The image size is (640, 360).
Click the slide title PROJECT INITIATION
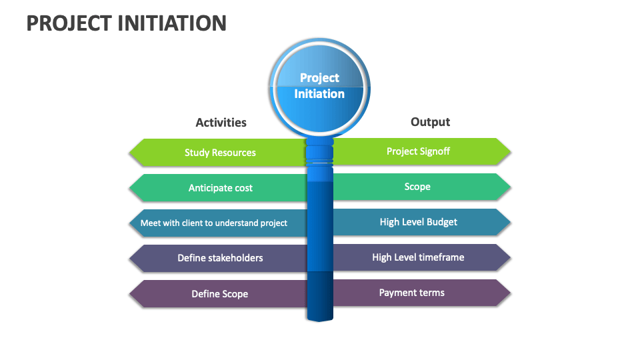(x=127, y=23)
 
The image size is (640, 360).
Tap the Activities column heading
(x=221, y=122)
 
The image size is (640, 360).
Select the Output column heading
(x=430, y=121)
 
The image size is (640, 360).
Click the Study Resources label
(x=220, y=153)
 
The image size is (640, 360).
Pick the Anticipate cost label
(x=220, y=188)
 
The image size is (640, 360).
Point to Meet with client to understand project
(x=213, y=223)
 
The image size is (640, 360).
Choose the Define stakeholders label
(x=220, y=258)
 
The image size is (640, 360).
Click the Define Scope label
(x=219, y=293)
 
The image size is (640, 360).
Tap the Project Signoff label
(x=418, y=151)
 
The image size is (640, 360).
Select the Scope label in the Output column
(x=417, y=187)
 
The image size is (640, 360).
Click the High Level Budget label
(x=418, y=222)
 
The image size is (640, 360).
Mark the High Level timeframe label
(x=418, y=257)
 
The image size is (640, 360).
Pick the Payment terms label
(x=411, y=293)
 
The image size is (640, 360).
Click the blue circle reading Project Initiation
(x=319, y=86)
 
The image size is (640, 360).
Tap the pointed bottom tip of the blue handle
(x=319, y=319)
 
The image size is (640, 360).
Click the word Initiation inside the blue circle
(x=319, y=94)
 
